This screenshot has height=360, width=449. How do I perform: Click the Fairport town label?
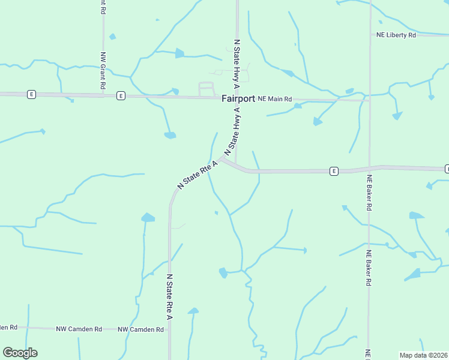(x=238, y=98)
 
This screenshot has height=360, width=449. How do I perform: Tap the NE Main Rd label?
(x=274, y=98)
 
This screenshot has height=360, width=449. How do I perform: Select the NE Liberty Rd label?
(x=396, y=35)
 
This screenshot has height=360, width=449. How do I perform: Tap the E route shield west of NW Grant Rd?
(x=31, y=94)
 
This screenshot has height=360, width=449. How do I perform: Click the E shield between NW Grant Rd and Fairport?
(x=121, y=95)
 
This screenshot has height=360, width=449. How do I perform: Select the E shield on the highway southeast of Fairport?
(x=334, y=171)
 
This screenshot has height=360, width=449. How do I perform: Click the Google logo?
(x=20, y=353)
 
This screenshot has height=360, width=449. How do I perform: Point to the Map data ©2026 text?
(x=423, y=355)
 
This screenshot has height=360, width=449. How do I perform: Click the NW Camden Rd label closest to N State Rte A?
(x=140, y=329)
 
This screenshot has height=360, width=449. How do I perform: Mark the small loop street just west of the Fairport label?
(x=206, y=88)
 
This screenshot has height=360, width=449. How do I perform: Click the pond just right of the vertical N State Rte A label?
(x=193, y=311)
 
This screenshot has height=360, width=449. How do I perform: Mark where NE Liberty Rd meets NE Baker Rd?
(x=370, y=35)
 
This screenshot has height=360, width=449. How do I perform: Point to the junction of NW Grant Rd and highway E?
(x=103, y=95)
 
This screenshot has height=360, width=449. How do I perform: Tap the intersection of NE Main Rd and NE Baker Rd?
(x=369, y=100)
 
